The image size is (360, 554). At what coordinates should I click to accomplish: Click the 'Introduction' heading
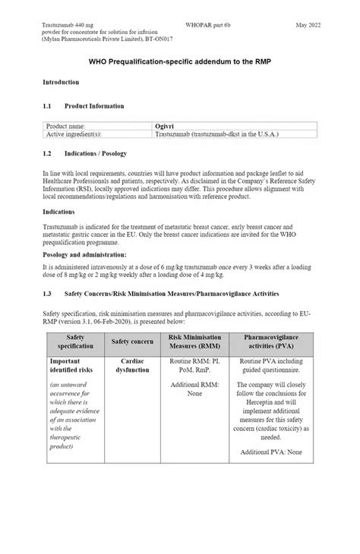click(61, 81)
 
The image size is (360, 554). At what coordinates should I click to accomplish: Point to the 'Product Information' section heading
click(95, 105)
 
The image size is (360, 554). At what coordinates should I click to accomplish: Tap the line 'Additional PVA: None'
click(271, 452)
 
